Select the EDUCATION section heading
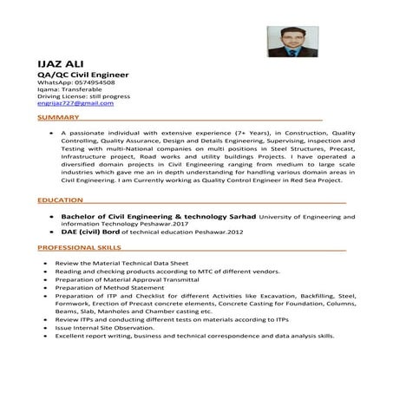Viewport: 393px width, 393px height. point(61,200)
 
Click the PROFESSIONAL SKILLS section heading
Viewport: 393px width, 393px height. point(80,247)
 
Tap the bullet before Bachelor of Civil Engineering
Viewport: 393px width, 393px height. point(53,213)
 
